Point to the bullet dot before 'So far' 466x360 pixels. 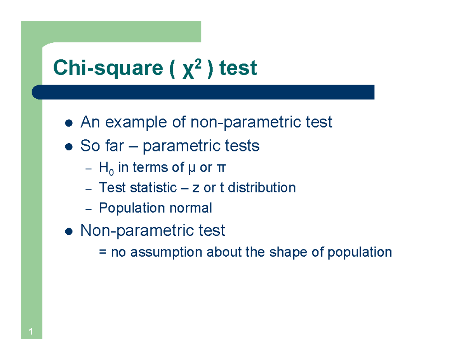point(68,147)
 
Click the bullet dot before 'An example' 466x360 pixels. point(68,123)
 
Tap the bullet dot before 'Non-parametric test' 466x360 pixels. point(68,232)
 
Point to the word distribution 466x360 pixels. point(262,188)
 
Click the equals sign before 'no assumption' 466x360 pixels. point(103,252)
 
